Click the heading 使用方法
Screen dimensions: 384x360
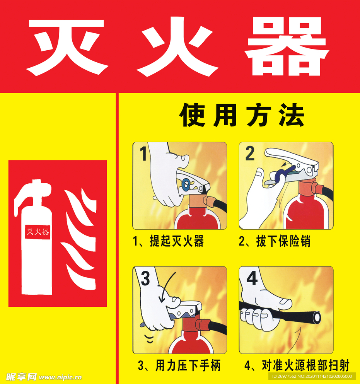tap(241, 115)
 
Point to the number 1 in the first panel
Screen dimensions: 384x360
tap(143, 154)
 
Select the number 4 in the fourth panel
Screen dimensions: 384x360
tap(252, 278)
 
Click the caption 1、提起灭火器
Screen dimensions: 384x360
tap(168, 242)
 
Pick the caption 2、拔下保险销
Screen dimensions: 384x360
tap(275, 242)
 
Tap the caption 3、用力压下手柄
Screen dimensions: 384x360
tap(179, 365)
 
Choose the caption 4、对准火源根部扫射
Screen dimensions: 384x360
tap(297, 365)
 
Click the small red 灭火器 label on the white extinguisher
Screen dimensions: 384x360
tap(38, 232)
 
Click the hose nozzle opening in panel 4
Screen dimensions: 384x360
tap(317, 317)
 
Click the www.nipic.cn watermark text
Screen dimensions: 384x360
tap(60, 377)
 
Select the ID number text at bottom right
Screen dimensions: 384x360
tap(312, 376)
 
